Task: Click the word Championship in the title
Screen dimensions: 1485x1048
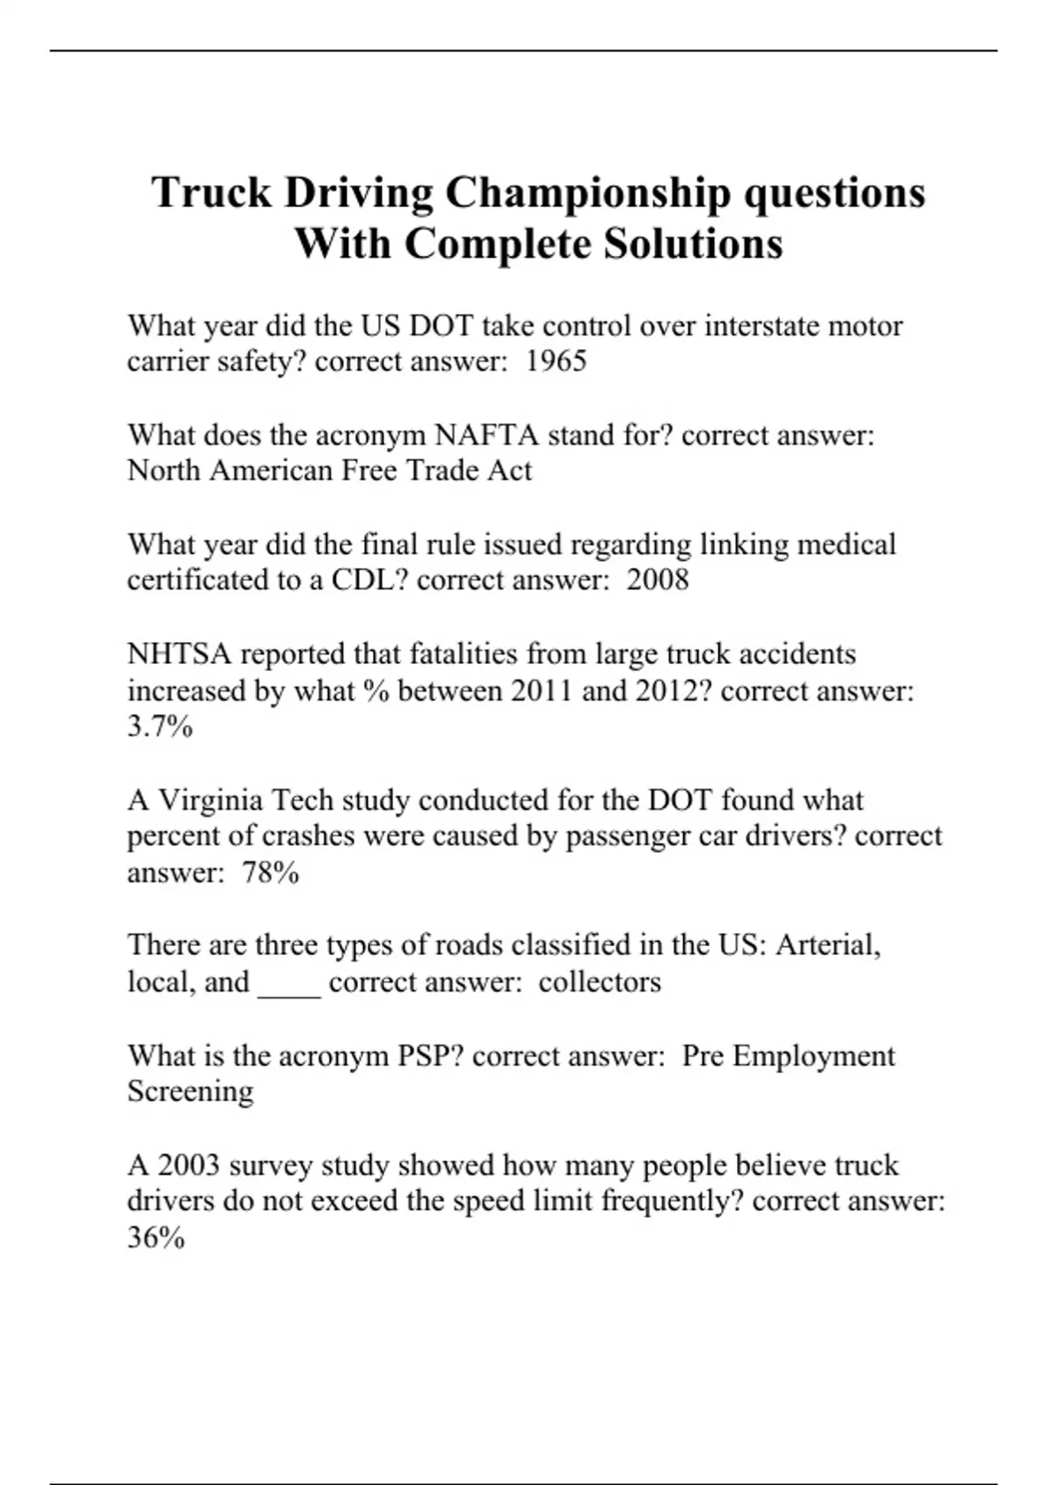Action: coord(587,194)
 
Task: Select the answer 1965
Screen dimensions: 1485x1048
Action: coord(555,361)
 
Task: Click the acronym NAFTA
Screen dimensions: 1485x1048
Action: coord(486,435)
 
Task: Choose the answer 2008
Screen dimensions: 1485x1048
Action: coord(657,580)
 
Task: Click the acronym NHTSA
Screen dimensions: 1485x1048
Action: coord(179,654)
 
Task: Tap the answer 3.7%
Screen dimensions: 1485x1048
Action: coord(160,727)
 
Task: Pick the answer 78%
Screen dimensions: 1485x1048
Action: coord(271,873)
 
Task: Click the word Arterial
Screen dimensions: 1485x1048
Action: coord(828,945)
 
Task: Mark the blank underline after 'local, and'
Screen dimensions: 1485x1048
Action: coord(289,984)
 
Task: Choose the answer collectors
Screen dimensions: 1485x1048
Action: coord(599,982)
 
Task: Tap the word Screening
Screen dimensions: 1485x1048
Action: coord(190,1092)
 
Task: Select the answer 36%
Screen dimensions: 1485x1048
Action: coord(155,1238)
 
